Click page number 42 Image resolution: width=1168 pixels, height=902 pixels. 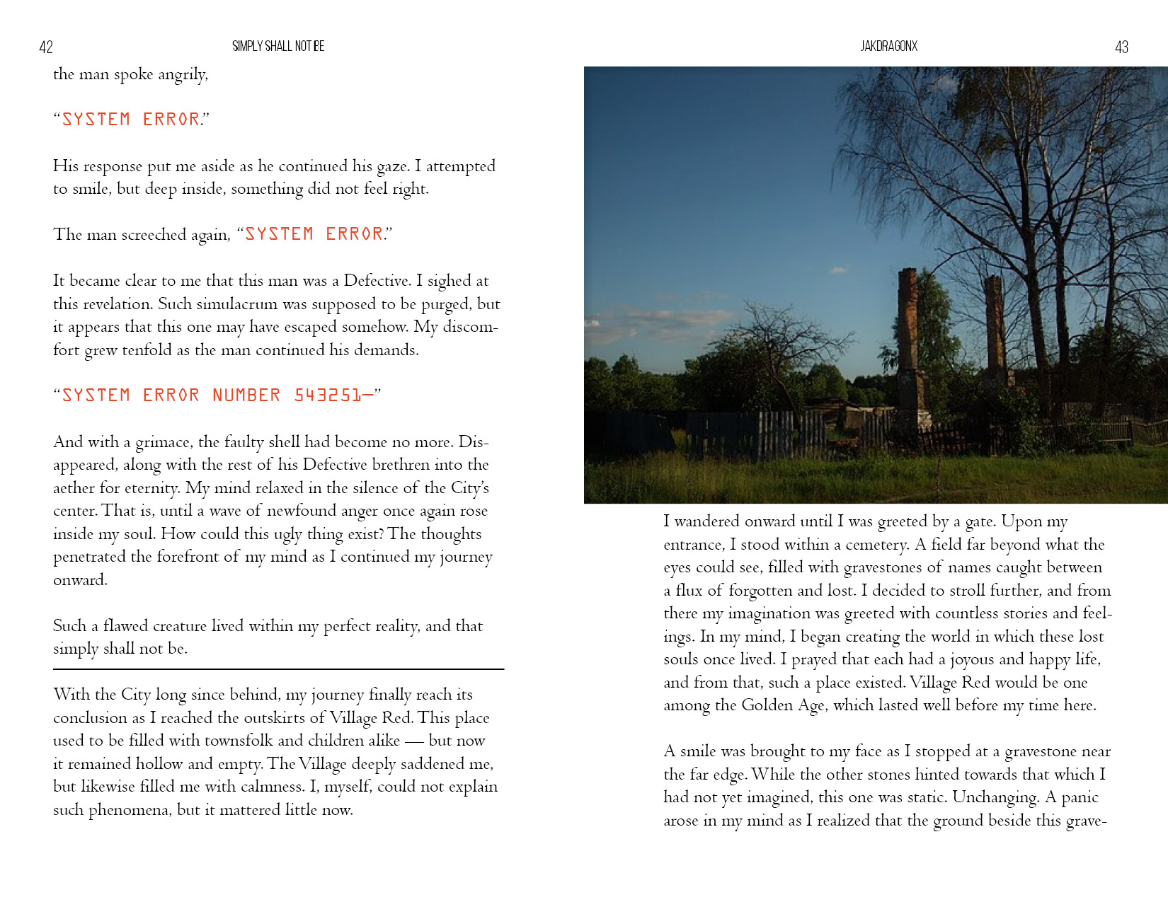(x=46, y=47)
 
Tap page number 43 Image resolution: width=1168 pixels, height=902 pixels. (x=1121, y=47)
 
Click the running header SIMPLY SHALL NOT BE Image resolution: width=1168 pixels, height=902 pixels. (x=278, y=46)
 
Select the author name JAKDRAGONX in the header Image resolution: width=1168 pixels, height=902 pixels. (x=888, y=46)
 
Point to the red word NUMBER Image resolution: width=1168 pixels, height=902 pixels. (x=246, y=395)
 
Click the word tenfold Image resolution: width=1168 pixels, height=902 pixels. (x=147, y=350)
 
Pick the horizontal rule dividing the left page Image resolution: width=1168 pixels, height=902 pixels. (x=278, y=669)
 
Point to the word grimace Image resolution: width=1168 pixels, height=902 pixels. (x=164, y=442)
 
